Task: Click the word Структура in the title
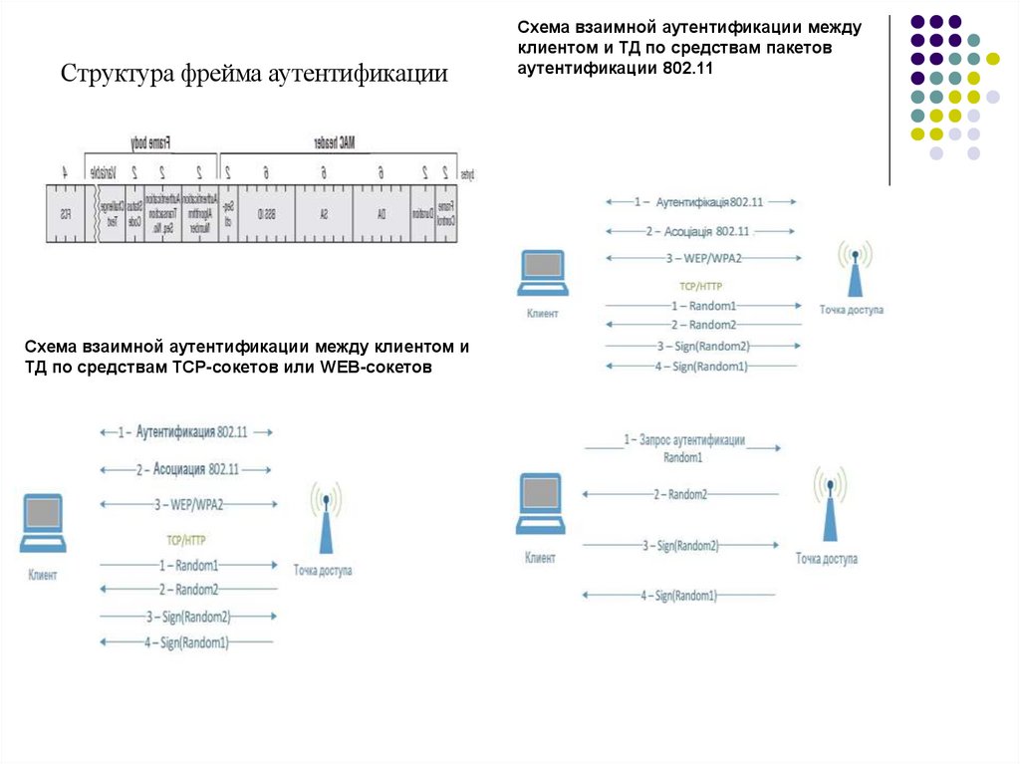pos(117,75)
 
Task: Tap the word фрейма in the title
pos(223,75)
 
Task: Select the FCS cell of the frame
pos(65,214)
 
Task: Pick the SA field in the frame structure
pos(324,214)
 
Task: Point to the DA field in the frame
pos(382,214)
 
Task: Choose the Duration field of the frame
pos(422,214)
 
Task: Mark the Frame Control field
pos(445,214)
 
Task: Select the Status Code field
pos(133,214)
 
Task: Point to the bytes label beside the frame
pos(467,173)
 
